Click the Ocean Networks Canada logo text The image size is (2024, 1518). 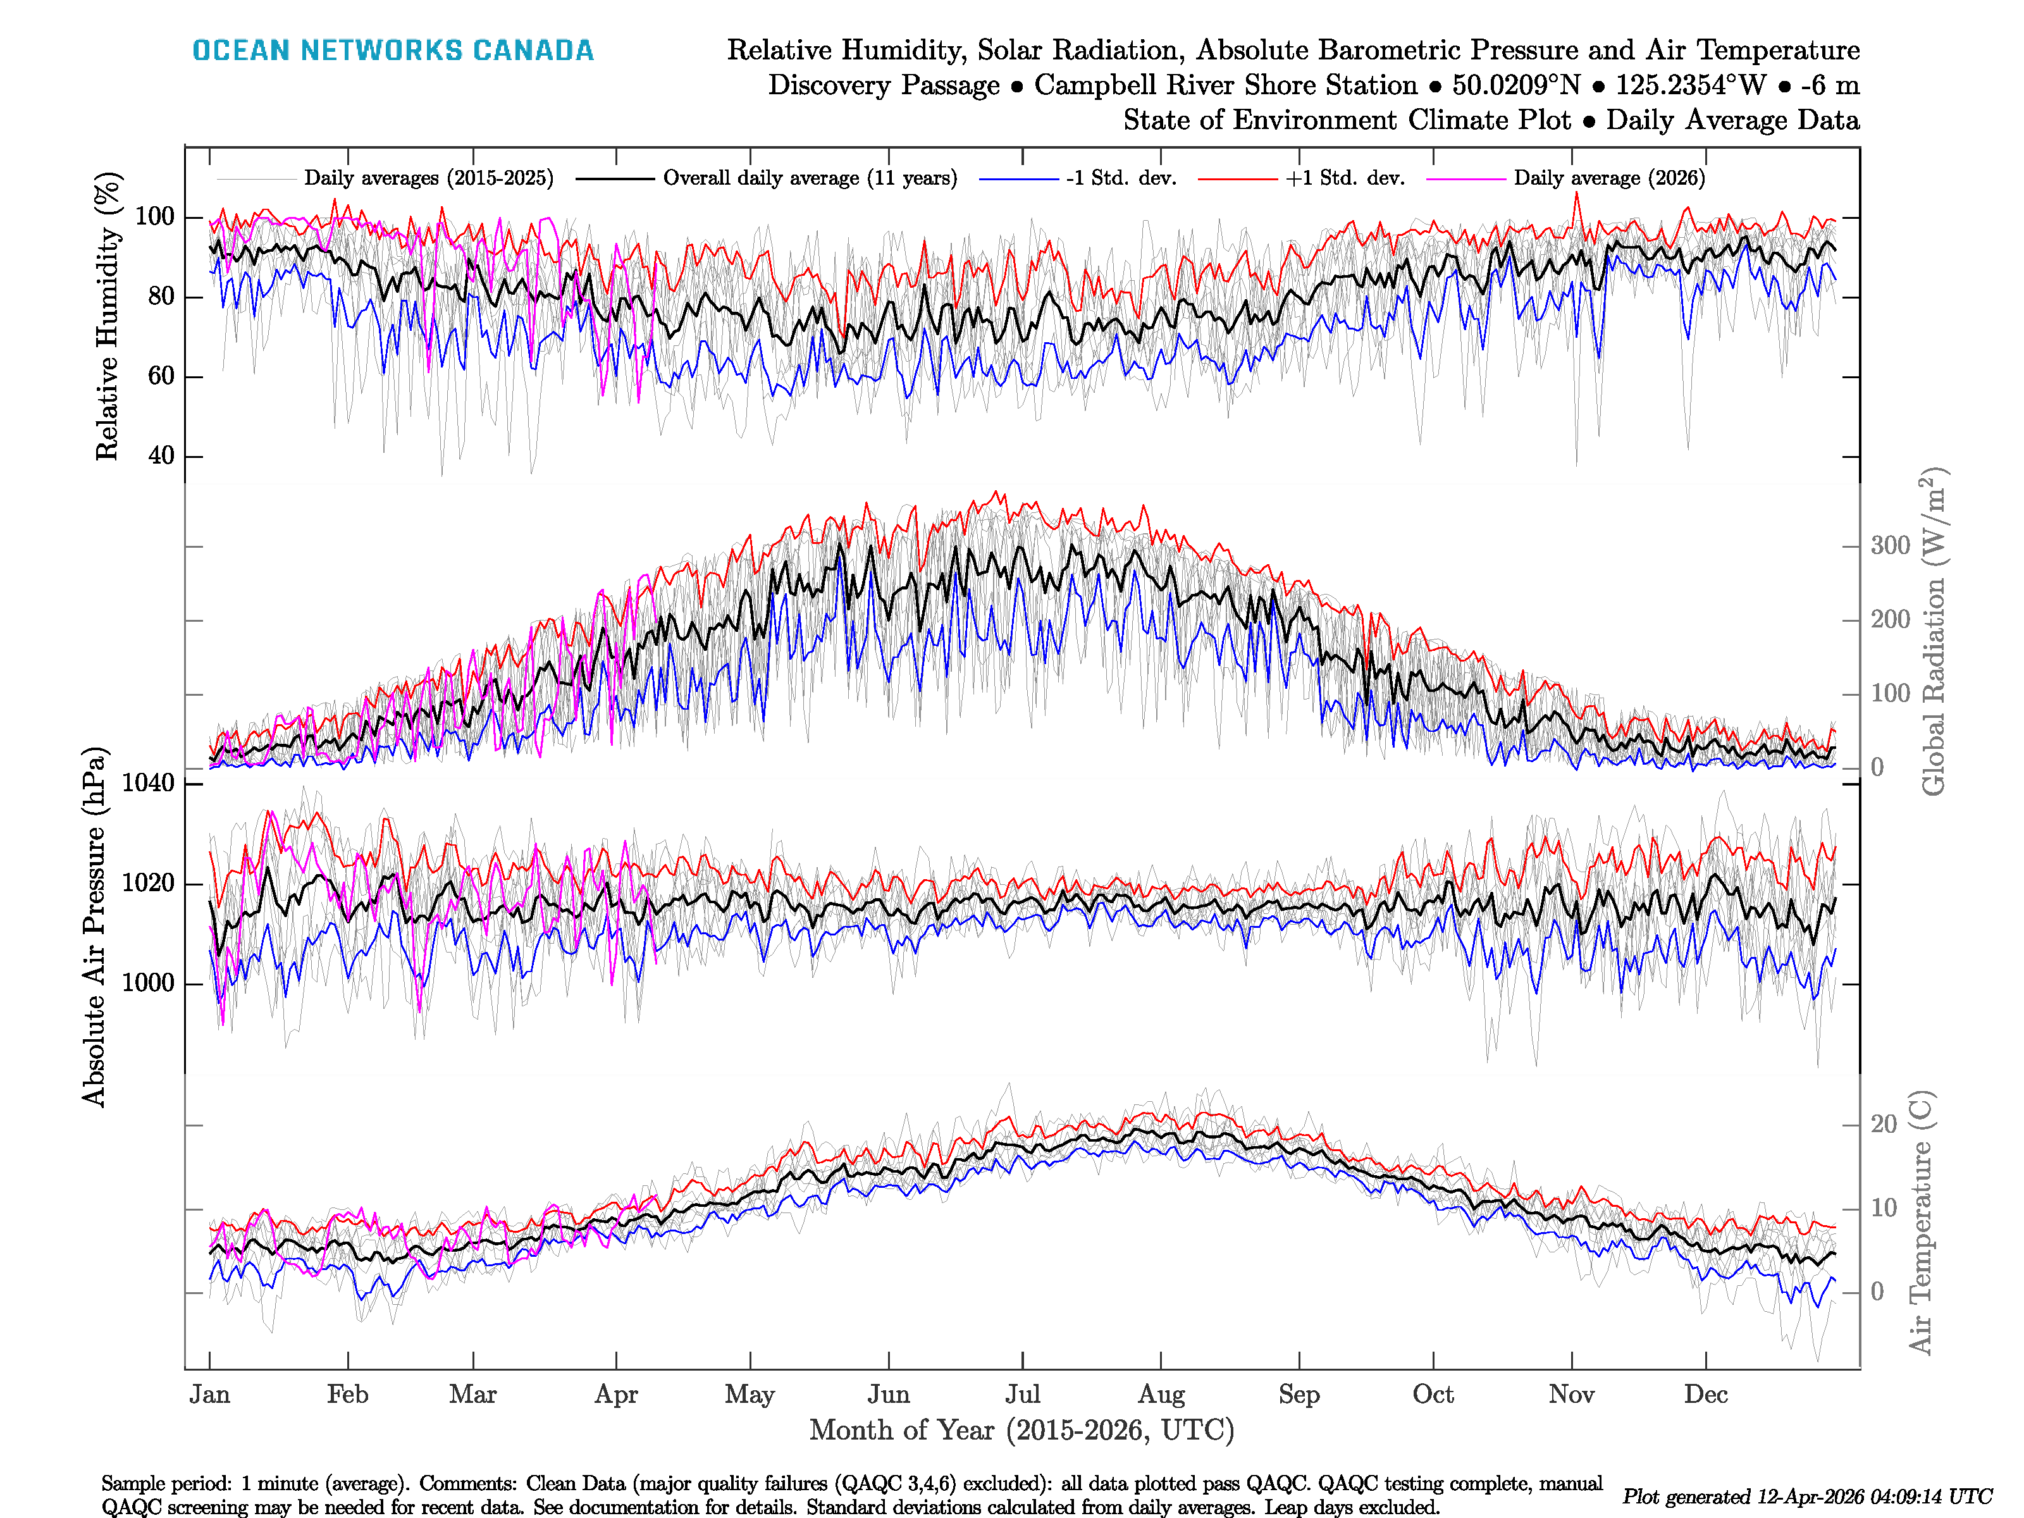393,51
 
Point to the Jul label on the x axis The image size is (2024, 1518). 1022,1395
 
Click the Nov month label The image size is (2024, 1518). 1571,1395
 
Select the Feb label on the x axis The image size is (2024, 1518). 348,1395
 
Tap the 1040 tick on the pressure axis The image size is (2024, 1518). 148,783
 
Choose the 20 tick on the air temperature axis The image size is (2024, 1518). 1883,1125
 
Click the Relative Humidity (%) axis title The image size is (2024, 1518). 108,316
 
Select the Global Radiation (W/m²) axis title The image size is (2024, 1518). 1932,631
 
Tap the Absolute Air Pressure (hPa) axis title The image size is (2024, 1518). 94,927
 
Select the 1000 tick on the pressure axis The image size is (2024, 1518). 148,984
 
